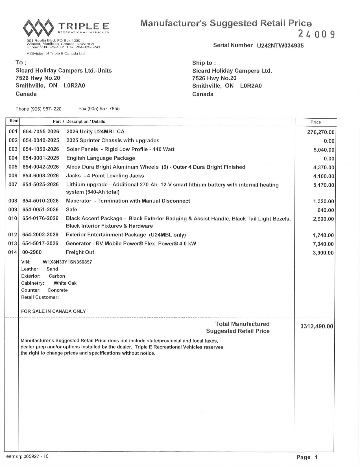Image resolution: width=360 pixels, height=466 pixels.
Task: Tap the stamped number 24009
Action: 317,34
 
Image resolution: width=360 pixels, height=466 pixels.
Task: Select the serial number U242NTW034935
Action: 280,46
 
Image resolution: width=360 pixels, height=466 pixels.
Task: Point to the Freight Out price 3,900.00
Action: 323,253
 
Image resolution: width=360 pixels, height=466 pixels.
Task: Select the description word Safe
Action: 71,209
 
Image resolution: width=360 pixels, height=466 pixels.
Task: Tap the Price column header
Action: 315,122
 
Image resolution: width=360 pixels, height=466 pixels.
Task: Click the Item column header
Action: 14,121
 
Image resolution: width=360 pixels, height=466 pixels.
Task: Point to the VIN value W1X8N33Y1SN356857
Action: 67,262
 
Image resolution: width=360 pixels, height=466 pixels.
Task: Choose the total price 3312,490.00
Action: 317,326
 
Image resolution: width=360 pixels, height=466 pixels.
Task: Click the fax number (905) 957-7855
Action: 99,109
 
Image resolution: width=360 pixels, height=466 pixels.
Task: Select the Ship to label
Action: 204,63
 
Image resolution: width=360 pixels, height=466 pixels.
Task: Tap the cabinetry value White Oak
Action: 65,283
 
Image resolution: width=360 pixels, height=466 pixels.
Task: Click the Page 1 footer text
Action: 307,457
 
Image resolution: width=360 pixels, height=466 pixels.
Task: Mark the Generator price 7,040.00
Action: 323,244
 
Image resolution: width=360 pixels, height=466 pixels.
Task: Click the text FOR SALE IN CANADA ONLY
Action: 53,311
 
